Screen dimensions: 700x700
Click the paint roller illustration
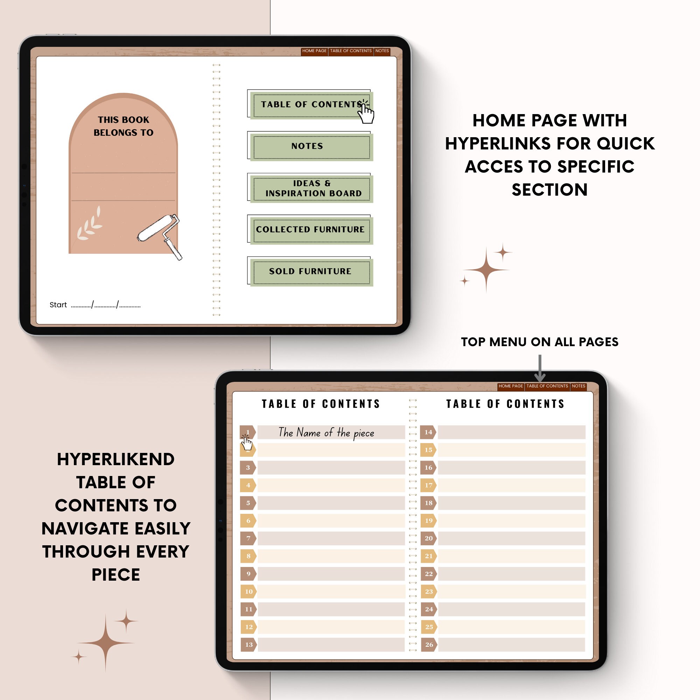pos(159,234)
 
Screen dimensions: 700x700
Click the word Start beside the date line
pos(58,305)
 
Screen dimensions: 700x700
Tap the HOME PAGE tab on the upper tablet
pos(314,51)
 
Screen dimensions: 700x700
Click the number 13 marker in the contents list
pos(248,645)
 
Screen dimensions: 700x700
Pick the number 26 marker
pos(429,645)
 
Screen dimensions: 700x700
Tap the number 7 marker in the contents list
pos(248,538)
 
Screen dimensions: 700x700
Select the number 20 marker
pos(428,538)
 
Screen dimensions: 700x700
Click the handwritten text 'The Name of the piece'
pos(326,433)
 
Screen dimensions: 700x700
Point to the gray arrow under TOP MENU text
pos(540,368)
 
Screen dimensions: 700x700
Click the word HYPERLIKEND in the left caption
pos(115,460)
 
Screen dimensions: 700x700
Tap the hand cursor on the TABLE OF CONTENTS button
pos(366,113)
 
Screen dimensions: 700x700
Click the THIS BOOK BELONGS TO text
pos(123,126)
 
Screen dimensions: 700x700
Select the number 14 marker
pos(428,432)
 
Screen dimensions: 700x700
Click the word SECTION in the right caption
pos(549,190)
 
